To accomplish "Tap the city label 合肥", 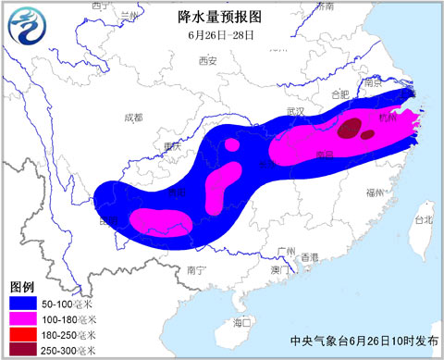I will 340,93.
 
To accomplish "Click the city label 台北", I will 423,220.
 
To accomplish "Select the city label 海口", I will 243,322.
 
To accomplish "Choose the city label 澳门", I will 278,269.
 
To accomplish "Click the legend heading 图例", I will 21,286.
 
